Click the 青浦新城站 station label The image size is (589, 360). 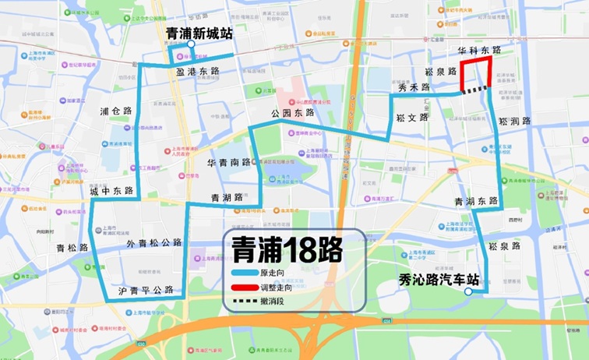click(199, 34)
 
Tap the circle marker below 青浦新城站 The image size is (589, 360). click(191, 45)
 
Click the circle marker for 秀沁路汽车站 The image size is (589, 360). click(468, 292)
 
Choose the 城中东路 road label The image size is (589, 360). click(111, 191)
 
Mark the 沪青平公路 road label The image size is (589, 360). click(140, 290)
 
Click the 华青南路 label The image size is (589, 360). click(229, 163)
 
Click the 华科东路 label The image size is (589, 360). click(479, 50)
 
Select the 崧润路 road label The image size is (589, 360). click(515, 122)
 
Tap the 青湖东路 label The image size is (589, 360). click(476, 201)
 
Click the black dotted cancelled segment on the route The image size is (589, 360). click(478, 90)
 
